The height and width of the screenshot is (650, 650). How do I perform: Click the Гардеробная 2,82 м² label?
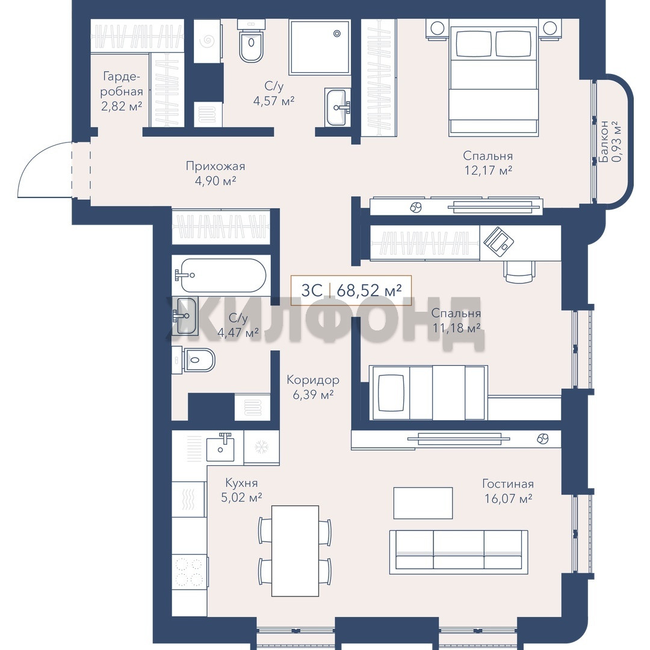pyautogui.click(x=122, y=91)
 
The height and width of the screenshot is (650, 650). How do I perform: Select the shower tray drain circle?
pyautogui.click(x=337, y=34)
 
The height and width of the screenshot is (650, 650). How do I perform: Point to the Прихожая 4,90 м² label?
pyautogui.click(x=215, y=173)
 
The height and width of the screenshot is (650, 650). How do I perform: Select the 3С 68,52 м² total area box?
pyautogui.click(x=351, y=290)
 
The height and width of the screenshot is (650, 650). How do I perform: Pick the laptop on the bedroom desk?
pyautogui.click(x=499, y=240)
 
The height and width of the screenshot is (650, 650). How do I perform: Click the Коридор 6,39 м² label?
pyautogui.click(x=313, y=387)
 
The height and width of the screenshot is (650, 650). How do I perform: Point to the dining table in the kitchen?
pyautogui.click(x=295, y=551)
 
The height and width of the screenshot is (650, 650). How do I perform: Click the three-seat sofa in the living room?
pyautogui.click(x=459, y=552)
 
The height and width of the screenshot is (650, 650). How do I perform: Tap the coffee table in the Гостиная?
pyautogui.click(x=423, y=503)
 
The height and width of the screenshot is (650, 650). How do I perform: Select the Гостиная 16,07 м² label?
pyautogui.click(x=508, y=491)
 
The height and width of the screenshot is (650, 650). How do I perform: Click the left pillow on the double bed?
pyautogui.click(x=474, y=43)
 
